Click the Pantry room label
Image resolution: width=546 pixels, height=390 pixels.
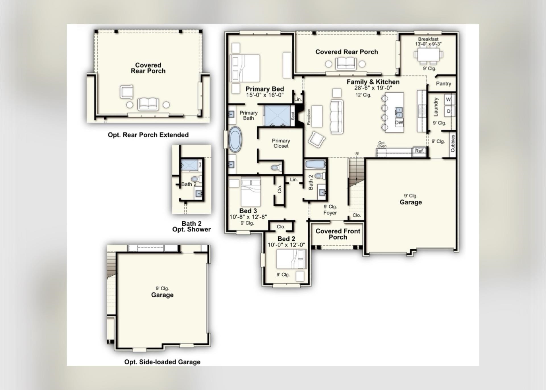click(x=443, y=84)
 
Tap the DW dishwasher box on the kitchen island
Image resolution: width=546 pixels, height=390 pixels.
click(x=399, y=123)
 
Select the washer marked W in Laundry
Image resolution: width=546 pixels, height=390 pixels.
click(x=448, y=99)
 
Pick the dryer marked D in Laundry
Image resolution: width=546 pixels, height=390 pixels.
click(x=448, y=111)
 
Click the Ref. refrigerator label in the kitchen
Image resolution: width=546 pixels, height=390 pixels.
click(x=419, y=151)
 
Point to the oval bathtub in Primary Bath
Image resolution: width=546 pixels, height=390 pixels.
click(x=235, y=139)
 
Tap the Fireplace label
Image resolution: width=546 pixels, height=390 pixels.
click(x=309, y=117)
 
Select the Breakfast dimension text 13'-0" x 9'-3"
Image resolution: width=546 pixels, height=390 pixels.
click(x=428, y=44)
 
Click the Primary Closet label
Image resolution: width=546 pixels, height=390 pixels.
click(x=281, y=143)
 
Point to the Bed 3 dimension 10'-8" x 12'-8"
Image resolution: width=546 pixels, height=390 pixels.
click(x=248, y=217)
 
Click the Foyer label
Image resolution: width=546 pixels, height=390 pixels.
click(x=330, y=213)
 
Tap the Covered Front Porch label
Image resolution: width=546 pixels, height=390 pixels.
click(x=338, y=234)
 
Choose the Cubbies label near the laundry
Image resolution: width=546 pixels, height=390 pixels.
click(x=453, y=143)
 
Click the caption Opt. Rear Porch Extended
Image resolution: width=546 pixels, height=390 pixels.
click(x=148, y=135)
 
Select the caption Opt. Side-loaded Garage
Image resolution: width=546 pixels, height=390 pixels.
click(x=162, y=362)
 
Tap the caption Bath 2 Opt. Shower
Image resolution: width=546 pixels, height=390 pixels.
click(x=191, y=226)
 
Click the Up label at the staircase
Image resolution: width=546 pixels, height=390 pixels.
click(x=357, y=153)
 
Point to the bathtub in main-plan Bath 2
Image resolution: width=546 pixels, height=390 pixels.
click(x=315, y=164)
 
